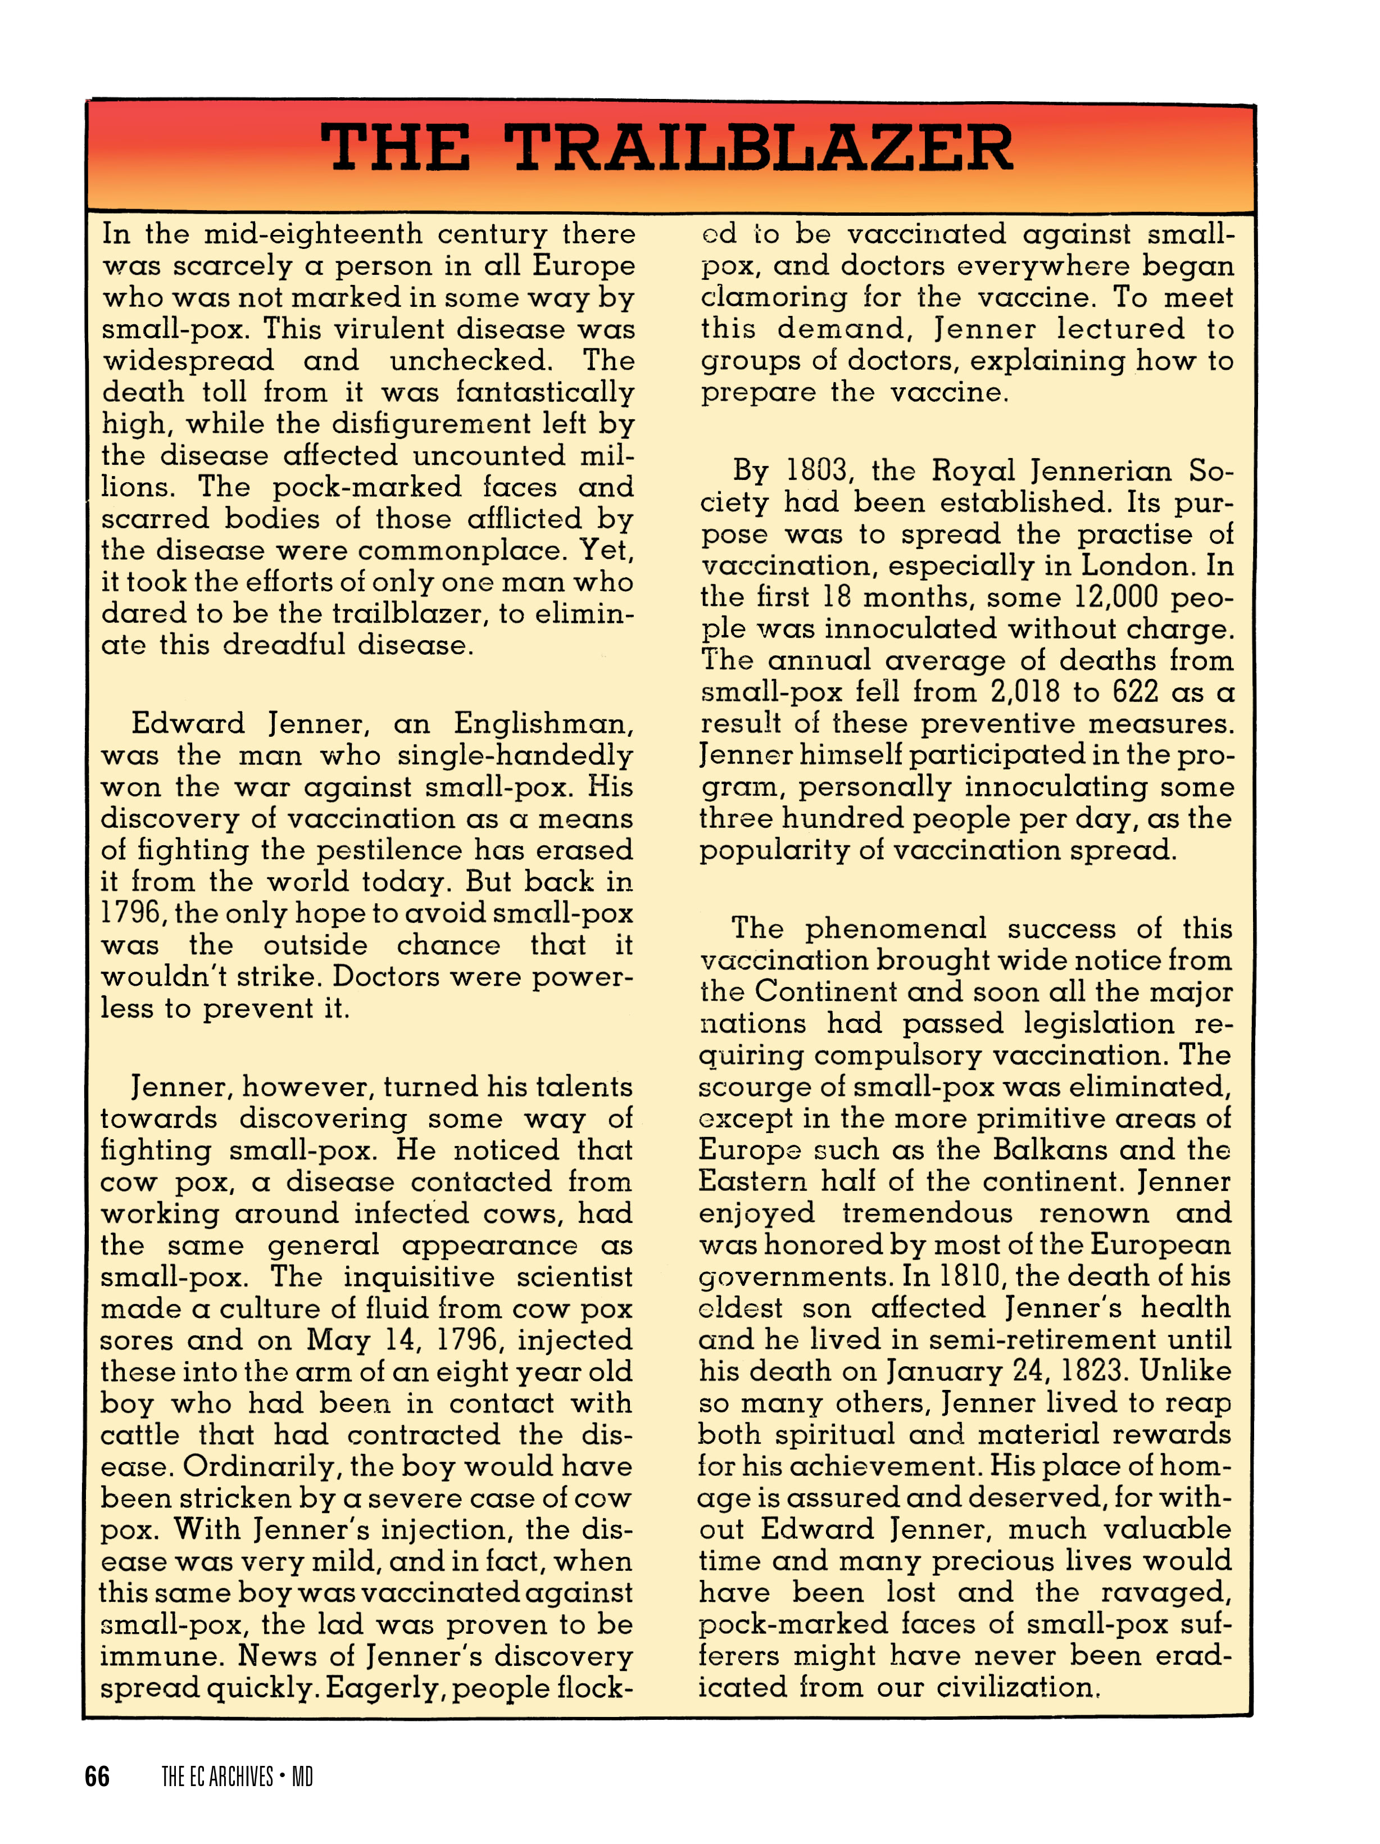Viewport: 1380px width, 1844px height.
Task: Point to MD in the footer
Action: coord(302,1777)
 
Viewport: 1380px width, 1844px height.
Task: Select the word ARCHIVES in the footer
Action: coord(241,1777)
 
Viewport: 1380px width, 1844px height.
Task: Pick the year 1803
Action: coord(816,470)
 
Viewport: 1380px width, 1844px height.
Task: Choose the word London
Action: coord(1135,565)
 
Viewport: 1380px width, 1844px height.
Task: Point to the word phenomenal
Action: coord(895,928)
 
